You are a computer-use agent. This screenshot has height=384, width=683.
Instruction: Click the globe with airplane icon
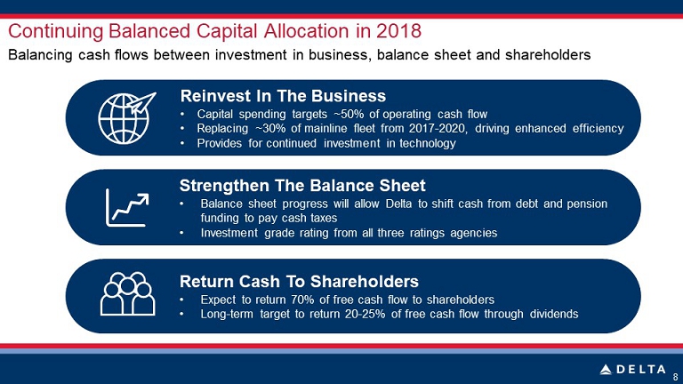pyautogui.click(x=126, y=117)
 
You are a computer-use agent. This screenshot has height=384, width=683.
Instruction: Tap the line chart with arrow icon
pyautogui.click(x=127, y=208)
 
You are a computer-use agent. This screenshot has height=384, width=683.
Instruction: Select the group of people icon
pyautogui.click(x=128, y=294)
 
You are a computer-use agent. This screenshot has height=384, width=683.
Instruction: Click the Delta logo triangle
pyautogui.click(x=606, y=370)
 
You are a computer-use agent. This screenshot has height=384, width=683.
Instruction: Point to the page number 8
pyautogui.click(x=676, y=377)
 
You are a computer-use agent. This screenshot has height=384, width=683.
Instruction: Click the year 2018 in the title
pyautogui.click(x=398, y=31)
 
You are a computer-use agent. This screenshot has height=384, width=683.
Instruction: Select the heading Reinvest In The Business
pyautogui.click(x=283, y=96)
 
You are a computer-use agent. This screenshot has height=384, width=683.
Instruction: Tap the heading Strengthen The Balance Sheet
pyautogui.click(x=302, y=186)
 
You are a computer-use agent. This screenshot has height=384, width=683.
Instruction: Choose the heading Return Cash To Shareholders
pyautogui.click(x=299, y=281)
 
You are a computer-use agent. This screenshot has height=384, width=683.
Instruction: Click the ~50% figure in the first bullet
pyautogui.click(x=350, y=114)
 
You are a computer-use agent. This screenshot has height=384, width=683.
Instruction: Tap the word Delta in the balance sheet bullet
pyautogui.click(x=398, y=204)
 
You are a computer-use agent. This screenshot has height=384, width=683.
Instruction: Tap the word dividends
pyautogui.click(x=554, y=314)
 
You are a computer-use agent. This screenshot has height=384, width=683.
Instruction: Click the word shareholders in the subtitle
pyautogui.click(x=548, y=55)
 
